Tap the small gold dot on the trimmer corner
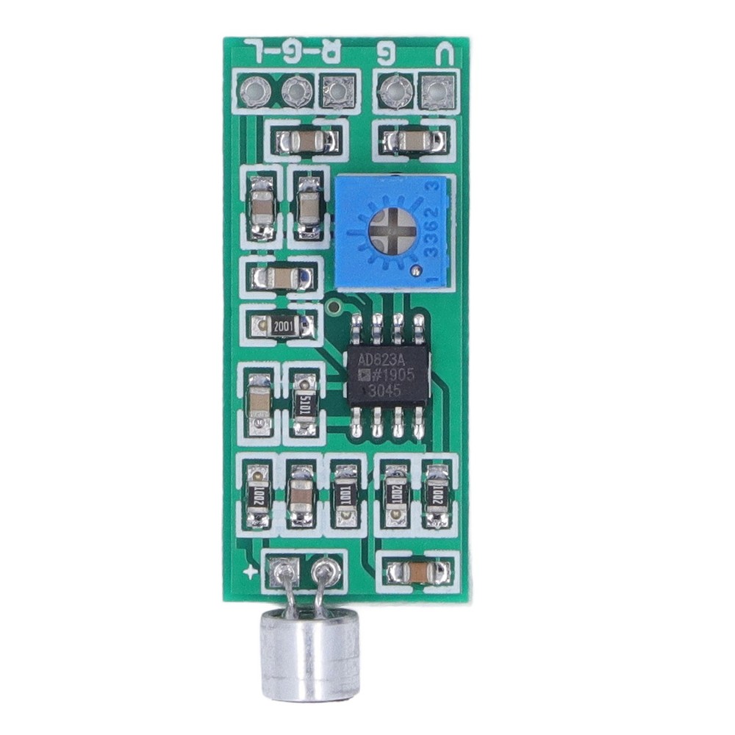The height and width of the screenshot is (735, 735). pos(417,271)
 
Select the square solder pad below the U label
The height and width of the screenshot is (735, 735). pos(435,92)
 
